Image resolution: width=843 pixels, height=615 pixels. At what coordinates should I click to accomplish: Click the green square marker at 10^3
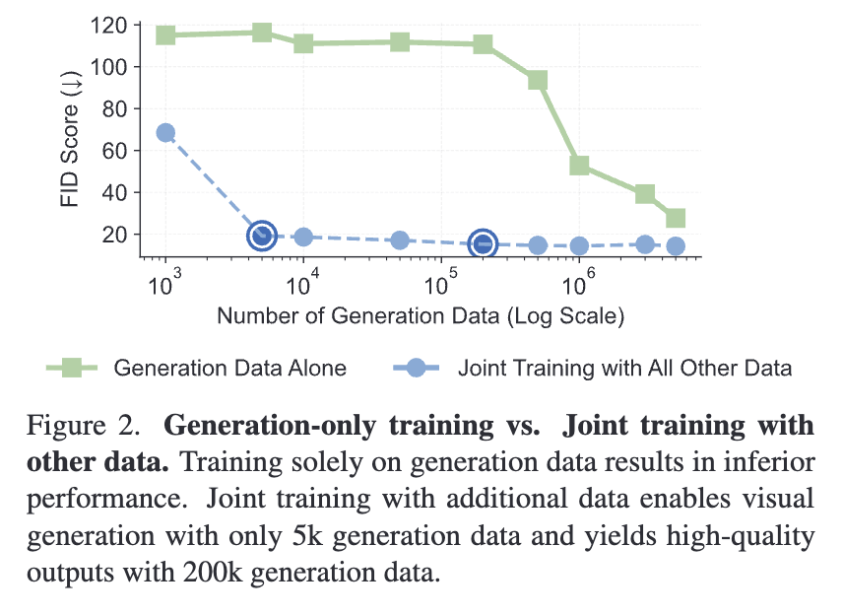coord(165,35)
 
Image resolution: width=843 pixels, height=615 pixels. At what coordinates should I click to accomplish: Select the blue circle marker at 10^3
coord(165,133)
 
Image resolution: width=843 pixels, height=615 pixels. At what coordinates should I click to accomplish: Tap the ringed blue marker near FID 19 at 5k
coord(261,235)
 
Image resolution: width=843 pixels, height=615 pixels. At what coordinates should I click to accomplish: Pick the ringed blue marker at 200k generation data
coord(483,243)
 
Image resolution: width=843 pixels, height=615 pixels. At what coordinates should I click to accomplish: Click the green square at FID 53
coord(579,166)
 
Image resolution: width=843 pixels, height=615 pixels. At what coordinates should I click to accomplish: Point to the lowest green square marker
coord(676,218)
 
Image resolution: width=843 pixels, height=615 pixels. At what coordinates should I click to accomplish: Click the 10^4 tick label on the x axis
coord(301,286)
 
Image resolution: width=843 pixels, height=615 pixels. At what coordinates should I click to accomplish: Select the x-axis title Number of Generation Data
coord(421,316)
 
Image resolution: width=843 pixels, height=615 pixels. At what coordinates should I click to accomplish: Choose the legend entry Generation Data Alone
coord(229,369)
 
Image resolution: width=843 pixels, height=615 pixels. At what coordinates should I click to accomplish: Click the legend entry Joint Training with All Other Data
coord(624,369)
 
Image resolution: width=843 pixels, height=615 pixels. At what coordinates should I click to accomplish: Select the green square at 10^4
coord(303,43)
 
